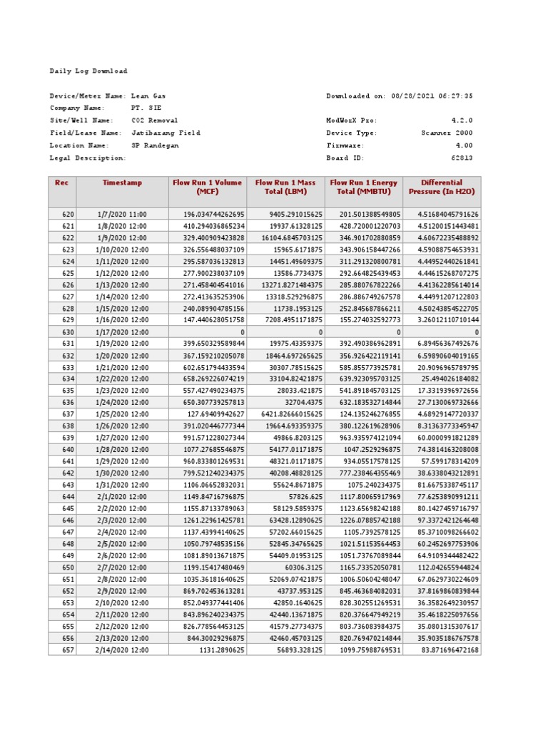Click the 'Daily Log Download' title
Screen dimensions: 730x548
pyautogui.click(x=88, y=71)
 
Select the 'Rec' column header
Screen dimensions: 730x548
pyautogui.click(x=62, y=183)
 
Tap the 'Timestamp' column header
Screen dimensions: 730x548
pyautogui.click(x=122, y=183)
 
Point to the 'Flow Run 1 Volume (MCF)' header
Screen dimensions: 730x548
pyautogui.click(x=207, y=187)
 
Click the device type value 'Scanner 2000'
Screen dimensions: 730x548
pyautogui.click(x=447, y=133)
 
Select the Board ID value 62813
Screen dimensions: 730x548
pyautogui.click(x=461, y=158)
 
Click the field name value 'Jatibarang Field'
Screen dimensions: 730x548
pyautogui.click(x=166, y=133)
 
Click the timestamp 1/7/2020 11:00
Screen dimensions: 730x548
pyautogui.click(x=122, y=214)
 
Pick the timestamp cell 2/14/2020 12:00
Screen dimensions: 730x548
pyautogui.click(x=122, y=650)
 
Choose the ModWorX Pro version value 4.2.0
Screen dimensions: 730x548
pyautogui.click(x=462, y=120)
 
